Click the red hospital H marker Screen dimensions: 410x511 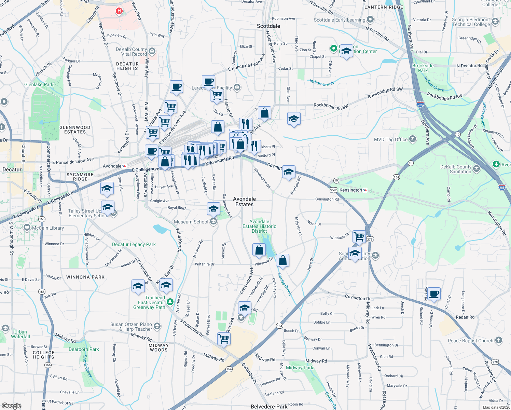(119, 11)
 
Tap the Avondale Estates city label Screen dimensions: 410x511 (244, 202)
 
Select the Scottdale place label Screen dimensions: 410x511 (268, 26)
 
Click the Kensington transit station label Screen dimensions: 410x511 (351, 190)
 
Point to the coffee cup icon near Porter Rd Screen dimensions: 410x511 (434, 294)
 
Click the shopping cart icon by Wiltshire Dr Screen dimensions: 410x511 (359, 236)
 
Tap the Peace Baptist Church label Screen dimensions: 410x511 (470, 341)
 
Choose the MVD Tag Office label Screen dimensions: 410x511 (391, 139)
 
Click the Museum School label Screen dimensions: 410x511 (191, 222)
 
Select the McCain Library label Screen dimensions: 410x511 (48, 228)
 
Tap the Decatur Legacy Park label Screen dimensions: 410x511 (134, 244)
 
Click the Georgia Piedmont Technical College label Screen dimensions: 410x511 (471, 22)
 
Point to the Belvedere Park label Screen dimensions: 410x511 (269, 407)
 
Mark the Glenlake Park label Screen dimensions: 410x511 (39, 84)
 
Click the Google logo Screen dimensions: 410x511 (11, 406)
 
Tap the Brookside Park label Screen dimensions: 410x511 (423, 68)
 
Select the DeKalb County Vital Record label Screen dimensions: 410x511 (131, 52)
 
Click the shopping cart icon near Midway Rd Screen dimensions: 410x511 (224, 339)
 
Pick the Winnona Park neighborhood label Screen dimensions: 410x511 (85, 277)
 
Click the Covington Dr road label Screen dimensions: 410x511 (357, 297)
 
